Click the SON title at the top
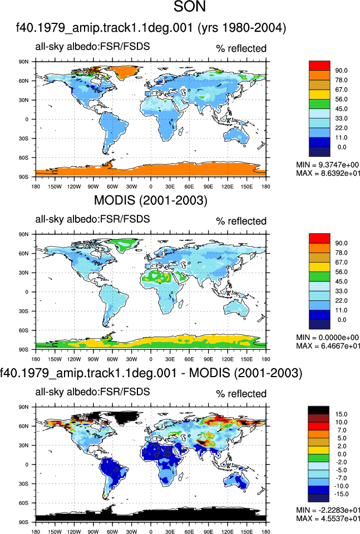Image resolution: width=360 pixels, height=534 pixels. [190, 6]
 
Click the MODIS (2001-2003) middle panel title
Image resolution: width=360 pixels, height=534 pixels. [151, 200]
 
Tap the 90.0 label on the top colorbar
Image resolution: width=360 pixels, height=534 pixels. [341, 71]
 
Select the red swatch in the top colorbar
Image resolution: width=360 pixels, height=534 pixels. [319, 66]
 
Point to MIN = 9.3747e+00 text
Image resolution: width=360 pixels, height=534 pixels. [327, 165]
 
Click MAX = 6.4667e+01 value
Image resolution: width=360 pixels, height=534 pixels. [328, 346]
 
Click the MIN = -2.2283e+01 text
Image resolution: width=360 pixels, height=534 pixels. [328, 510]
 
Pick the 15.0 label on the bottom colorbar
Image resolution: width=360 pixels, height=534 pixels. [341, 414]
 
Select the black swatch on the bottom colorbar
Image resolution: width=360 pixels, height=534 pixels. [318, 410]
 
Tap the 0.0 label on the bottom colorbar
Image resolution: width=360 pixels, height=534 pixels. [341, 454]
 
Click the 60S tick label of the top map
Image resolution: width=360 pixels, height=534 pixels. [23, 157]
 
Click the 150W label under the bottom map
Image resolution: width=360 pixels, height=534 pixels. [55, 531]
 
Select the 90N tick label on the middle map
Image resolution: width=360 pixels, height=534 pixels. [23, 234]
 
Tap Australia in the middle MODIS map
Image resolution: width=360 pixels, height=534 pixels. [237, 308]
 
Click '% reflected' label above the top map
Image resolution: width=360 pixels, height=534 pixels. [241, 49]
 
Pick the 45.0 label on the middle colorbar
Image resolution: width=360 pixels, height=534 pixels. [341, 281]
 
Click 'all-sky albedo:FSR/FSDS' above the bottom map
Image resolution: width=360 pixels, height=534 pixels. [92, 392]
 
